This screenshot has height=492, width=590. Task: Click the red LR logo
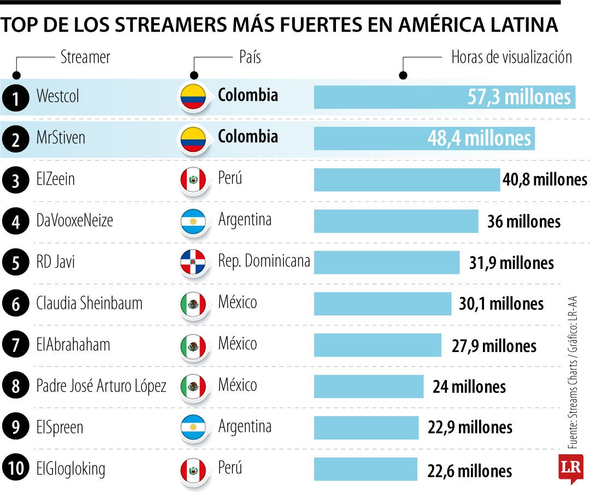(570, 468)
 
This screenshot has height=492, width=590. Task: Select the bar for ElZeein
(406, 180)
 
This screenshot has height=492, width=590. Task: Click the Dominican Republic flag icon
(193, 262)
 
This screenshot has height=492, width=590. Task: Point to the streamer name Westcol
(57, 97)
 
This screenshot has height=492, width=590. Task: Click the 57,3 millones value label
(518, 97)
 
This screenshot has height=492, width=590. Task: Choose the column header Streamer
(85, 57)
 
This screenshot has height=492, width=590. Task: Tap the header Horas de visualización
(511, 57)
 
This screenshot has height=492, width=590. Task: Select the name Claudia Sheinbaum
(89, 303)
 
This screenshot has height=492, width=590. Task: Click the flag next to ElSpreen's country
(193, 427)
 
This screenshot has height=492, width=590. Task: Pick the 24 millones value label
(469, 387)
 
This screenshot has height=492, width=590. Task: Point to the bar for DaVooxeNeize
(396, 221)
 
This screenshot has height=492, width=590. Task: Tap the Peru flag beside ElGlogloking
(193, 468)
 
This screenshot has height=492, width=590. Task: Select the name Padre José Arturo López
(101, 386)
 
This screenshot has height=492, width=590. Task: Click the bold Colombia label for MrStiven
(247, 136)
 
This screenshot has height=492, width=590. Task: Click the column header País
(250, 57)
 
